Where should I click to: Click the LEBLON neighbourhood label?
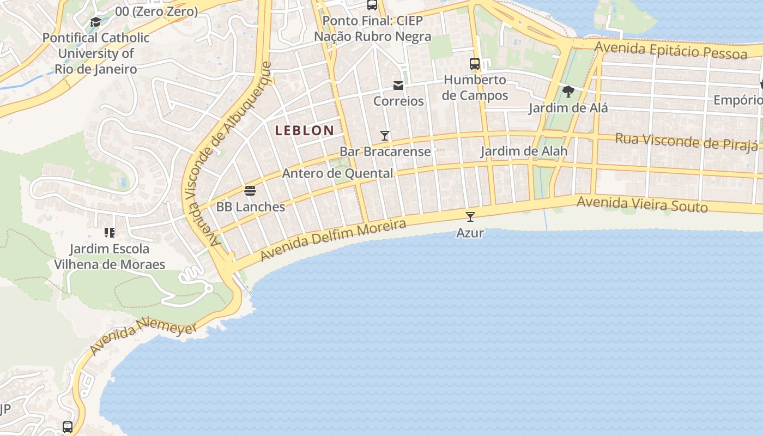pyautogui.click(x=304, y=130)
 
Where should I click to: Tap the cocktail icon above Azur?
pyautogui.click(x=470, y=216)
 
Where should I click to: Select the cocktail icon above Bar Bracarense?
pyautogui.click(x=385, y=135)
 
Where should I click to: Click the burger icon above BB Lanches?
pyautogui.click(x=250, y=191)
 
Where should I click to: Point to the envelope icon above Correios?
pyautogui.click(x=398, y=86)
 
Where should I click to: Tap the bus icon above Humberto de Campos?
pyautogui.click(x=475, y=63)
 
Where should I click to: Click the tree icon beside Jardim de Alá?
pyautogui.click(x=568, y=91)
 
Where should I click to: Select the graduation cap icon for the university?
pyautogui.click(x=95, y=22)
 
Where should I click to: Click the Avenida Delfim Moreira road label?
pyautogui.click(x=334, y=240)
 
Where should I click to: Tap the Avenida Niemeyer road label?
pyautogui.click(x=144, y=337)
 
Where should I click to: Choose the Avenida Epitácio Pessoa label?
pyautogui.click(x=670, y=50)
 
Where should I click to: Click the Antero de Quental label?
pyautogui.click(x=337, y=173)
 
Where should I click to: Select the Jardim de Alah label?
pyautogui.click(x=523, y=151)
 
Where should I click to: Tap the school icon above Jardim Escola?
pyautogui.click(x=110, y=233)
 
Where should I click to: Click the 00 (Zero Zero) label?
pyautogui.click(x=156, y=11)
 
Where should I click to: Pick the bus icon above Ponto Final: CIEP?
pyautogui.click(x=372, y=5)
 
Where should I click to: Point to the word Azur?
pyautogui.click(x=470, y=233)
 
